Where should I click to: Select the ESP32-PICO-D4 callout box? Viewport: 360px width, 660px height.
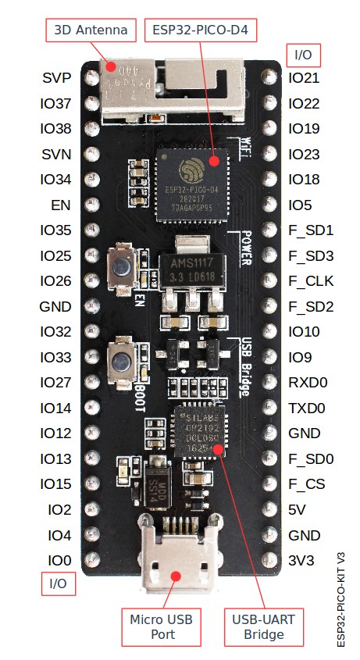[x=201, y=31]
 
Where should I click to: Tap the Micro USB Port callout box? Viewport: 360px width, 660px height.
[x=160, y=626]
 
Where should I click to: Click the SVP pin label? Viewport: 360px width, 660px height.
[x=57, y=78]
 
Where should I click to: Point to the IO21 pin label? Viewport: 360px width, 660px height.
[x=304, y=78]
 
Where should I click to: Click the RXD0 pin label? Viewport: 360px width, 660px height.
[x=308, y=383]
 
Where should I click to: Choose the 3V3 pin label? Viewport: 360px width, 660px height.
[x=301, y=560]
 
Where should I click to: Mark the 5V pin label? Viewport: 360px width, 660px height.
[x=298, y=509]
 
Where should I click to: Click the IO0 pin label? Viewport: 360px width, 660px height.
[x=59, y=560]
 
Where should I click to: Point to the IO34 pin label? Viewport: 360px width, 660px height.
[x=55, y=180]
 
